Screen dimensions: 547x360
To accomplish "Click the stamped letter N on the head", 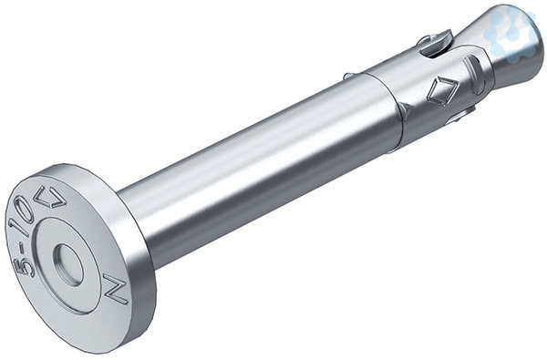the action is pos(116,289).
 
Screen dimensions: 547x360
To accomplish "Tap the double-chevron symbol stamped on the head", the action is pos(52,197).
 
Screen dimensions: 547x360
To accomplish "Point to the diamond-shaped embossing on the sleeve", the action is pos(442,89).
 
